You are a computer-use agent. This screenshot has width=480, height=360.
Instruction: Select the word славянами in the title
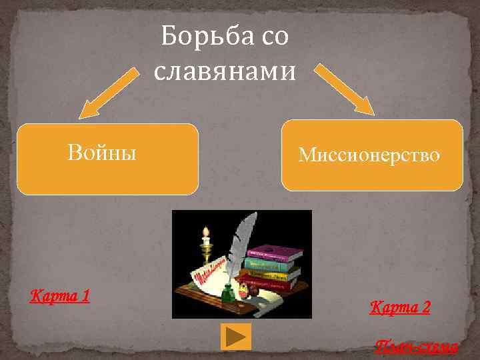tap(224, 70)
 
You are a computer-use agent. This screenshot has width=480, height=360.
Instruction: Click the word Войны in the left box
tap(102, 153)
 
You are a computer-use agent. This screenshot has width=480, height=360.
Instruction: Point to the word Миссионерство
tap(369, 155)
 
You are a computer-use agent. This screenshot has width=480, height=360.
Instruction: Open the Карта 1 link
tap(60, 295)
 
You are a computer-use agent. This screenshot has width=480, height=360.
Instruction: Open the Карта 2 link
tap(400, 307)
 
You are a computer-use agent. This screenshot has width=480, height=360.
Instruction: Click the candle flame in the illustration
tap(206, 233)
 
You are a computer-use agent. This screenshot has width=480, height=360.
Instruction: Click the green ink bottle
tap(227, 291)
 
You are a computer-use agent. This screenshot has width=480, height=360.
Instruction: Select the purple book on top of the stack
tap(275, 253)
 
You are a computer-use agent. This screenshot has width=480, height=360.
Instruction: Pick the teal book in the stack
tap(271, 264)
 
